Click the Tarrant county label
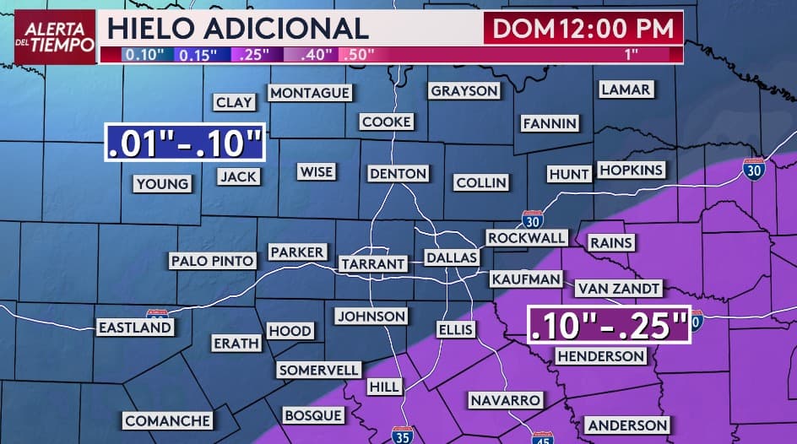[372, 264]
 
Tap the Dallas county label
[452, 257]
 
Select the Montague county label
[310, 93]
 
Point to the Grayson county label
[464, 90]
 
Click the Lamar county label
[625, 89]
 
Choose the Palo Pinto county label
[212, 261]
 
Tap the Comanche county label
[167, 420]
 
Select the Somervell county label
[320, 370]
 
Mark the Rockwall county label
[526, 238]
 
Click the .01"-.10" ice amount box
[185, 143]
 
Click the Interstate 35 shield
[403, 436]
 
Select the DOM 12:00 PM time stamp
[583, 29]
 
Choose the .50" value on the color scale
[359, 54]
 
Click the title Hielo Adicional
[238, 28]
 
